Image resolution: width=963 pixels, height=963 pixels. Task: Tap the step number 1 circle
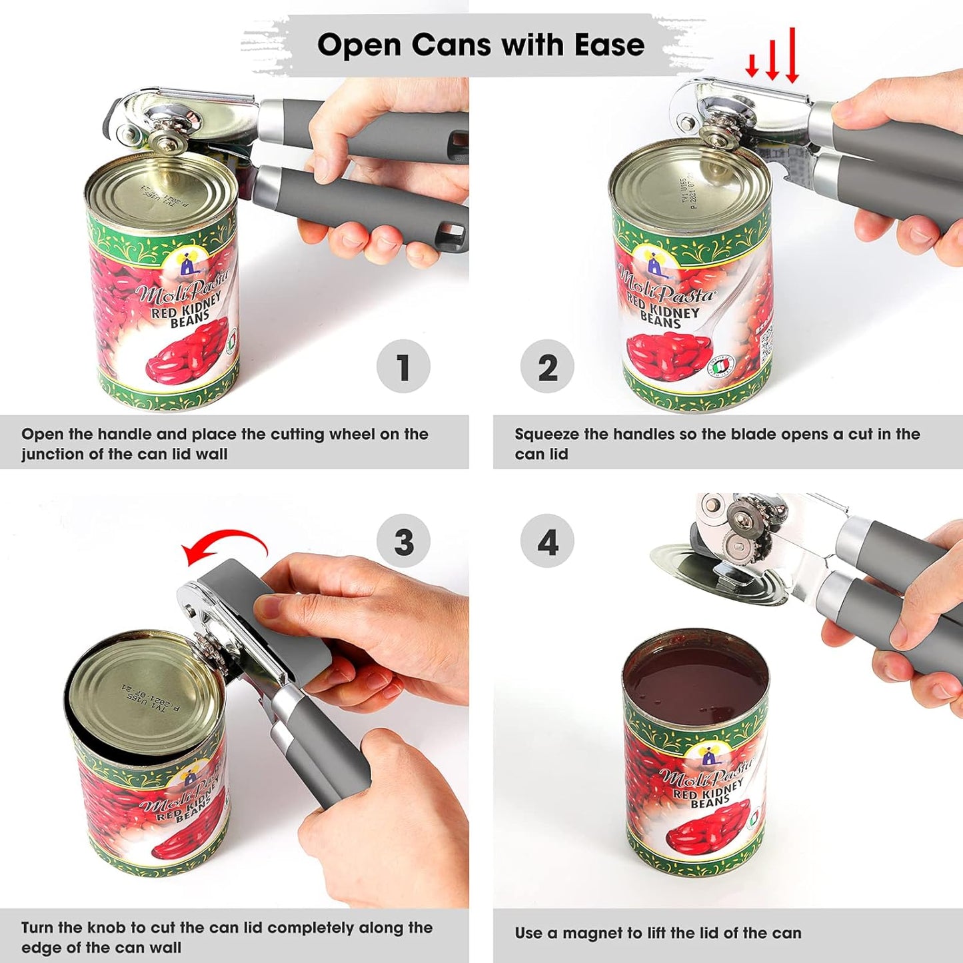[x=403, y=367]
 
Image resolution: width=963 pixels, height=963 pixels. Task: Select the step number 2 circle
[x=547, y=367]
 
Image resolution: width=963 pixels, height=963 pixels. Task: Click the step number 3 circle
[x=403, y=541]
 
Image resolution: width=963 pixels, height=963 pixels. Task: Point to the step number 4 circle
[x=547, y=541]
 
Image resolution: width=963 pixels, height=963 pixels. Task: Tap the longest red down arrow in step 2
[x=792, y=56]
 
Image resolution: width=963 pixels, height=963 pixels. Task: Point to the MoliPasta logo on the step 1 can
[x=181, y=287]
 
